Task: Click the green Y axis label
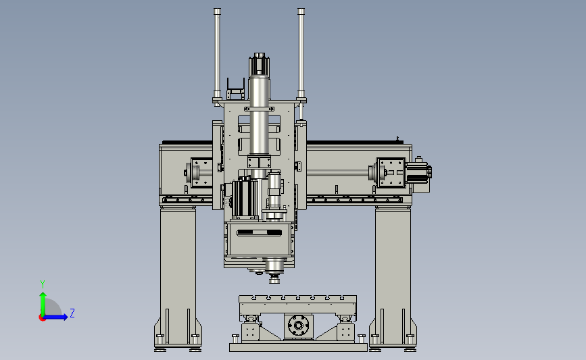pyautogui.click(x=43, y=284)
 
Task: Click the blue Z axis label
pyautogui.click(x=72, y=313)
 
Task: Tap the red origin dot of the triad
pyautogui.click(x=42, y=318)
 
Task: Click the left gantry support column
pyautogui.click(x=178, y=276)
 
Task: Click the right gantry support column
pyautogui.click(x=393, y=276)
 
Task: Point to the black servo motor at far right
pyautogui.click(x=418, y=172)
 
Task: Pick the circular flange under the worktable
pyautogui.click(x=298, y=326)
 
